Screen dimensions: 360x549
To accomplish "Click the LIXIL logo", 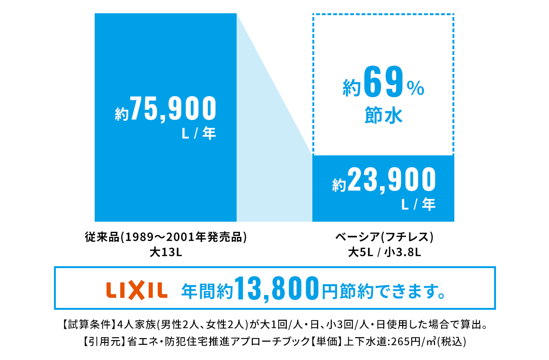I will point(137,290).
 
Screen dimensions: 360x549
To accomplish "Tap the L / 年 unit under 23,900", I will point(418,205).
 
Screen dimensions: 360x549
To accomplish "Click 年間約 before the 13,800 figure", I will point(207,290).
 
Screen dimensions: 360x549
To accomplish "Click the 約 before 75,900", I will point(122,114).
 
